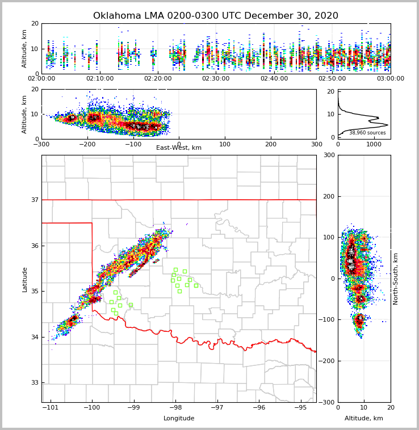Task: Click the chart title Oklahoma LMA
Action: (x=215, y=16)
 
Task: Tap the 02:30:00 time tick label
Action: (x=216, y=79)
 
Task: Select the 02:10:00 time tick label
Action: (x=100, y=79)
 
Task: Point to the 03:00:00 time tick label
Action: (x=390, y=79)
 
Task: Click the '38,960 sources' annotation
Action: (x=367, y=133)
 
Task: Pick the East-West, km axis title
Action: (x=179, y=148)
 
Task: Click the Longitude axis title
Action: (x=179, y=419)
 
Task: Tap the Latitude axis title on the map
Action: (x=25, y=279)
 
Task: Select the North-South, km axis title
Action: (x=396, y=279)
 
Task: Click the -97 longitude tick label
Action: (x=217, y=407)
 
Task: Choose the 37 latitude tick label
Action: (x=35, y=200)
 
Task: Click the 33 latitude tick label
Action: (x=35, y=383)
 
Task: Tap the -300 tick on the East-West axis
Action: (x=41, y=144)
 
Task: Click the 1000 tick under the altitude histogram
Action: (x=374, y=144)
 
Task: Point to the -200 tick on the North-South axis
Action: (x=328, y=361)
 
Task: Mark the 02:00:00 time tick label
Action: (x=42, y=79)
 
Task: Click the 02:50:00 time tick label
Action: (x=332, y=79)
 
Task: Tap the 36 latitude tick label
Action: (x=35, y=246)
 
